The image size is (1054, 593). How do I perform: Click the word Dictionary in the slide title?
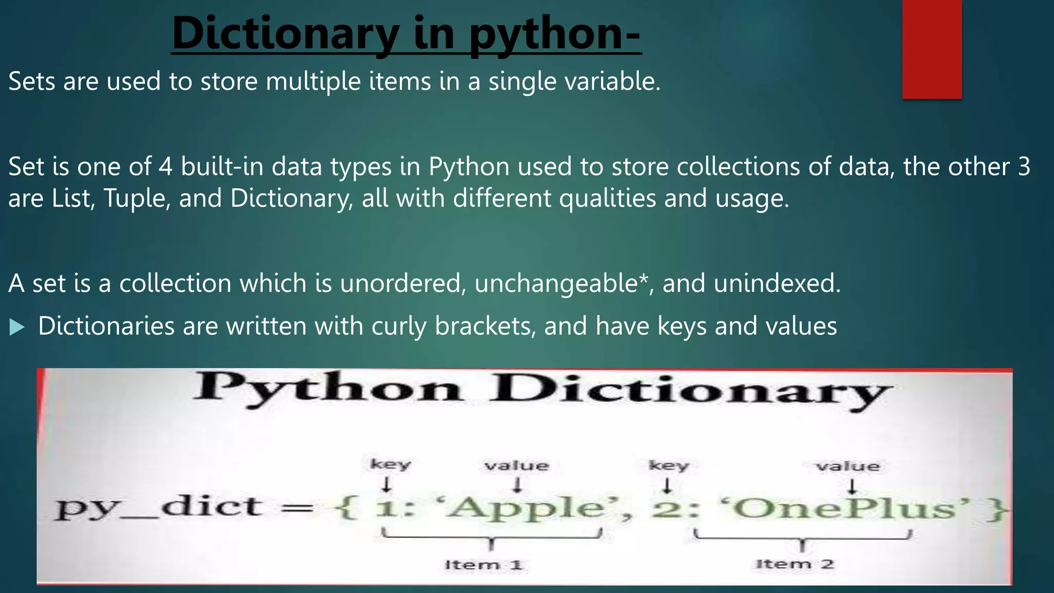(286, 33)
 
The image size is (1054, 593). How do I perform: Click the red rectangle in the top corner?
(932, 49)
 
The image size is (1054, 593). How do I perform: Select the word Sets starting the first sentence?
(32, 81)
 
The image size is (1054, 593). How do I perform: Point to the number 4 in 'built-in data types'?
(165, 167)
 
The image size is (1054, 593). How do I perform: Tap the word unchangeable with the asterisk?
(560, 283)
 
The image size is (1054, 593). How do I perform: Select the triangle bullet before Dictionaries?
(17, 327)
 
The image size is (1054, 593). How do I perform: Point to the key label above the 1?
(391, 464)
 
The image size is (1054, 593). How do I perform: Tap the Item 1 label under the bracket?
(483, 565)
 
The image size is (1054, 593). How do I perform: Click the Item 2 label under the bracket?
(795, 564)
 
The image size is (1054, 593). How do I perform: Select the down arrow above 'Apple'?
(518, 485)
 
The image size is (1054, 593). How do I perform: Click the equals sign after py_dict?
(297, 509)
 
